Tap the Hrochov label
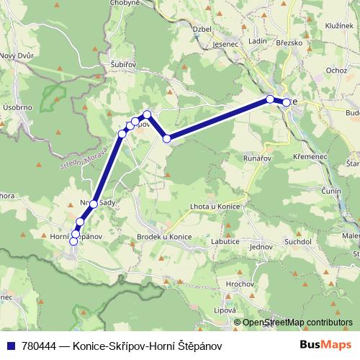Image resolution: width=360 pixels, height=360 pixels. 238,285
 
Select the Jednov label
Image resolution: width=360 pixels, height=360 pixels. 258,247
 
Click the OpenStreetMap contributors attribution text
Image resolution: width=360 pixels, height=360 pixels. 297,323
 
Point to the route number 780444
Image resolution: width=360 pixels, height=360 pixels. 39,346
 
